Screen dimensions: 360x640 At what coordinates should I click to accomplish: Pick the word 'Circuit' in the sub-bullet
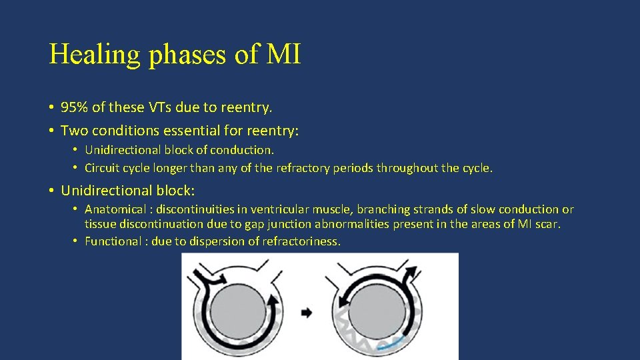[x=103, y=168]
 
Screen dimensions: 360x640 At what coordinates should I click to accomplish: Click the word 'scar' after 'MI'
[x=547, y=225]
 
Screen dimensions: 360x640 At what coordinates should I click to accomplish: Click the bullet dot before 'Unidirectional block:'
[x=51, y=191]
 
